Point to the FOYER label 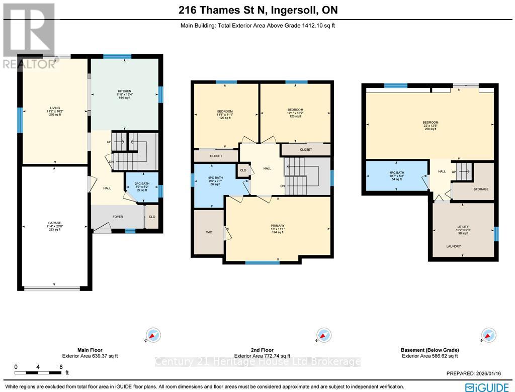tap(118, 217)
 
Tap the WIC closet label tap(209, 233)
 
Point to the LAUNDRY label tap(453, 246)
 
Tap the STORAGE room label tap(481, 189)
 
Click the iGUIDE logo tap(488, 386)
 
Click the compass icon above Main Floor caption tap(153, 335)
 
